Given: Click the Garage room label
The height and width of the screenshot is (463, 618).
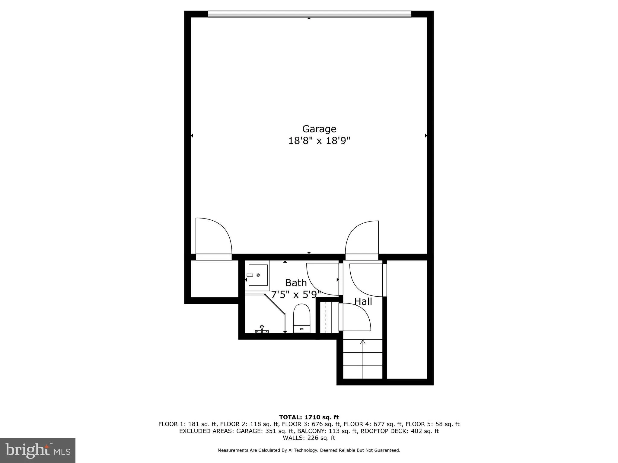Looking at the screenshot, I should click(319, 129).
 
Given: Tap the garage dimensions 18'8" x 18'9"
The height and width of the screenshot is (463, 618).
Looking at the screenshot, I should click(319, 141).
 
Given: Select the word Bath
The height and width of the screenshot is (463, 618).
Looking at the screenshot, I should click(296, 283).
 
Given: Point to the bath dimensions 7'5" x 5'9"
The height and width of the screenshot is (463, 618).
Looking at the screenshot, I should click(296, 294).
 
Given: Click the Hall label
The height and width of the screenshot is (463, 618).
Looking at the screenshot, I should click(363, 301).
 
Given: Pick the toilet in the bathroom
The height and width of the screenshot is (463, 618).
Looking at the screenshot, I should click(302, 319).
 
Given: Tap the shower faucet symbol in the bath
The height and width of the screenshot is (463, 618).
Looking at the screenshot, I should click(262, 329).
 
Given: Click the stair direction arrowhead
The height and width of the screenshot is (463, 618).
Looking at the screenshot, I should click(363, 342).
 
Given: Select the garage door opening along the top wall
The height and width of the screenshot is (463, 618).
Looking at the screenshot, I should click(309, 14).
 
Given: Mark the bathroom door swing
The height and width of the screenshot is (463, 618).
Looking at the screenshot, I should click(322, 279).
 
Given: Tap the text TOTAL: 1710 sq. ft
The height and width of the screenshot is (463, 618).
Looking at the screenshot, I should click(309, 417).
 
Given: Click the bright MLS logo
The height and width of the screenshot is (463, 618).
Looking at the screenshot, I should click(38, 450).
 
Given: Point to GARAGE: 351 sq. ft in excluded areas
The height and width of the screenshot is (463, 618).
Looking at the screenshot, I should click(265, 431).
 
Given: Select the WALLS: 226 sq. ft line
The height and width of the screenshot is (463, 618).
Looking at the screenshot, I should click(309, 438).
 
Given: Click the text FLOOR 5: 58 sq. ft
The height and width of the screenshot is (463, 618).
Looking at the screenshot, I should click(432, 424).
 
